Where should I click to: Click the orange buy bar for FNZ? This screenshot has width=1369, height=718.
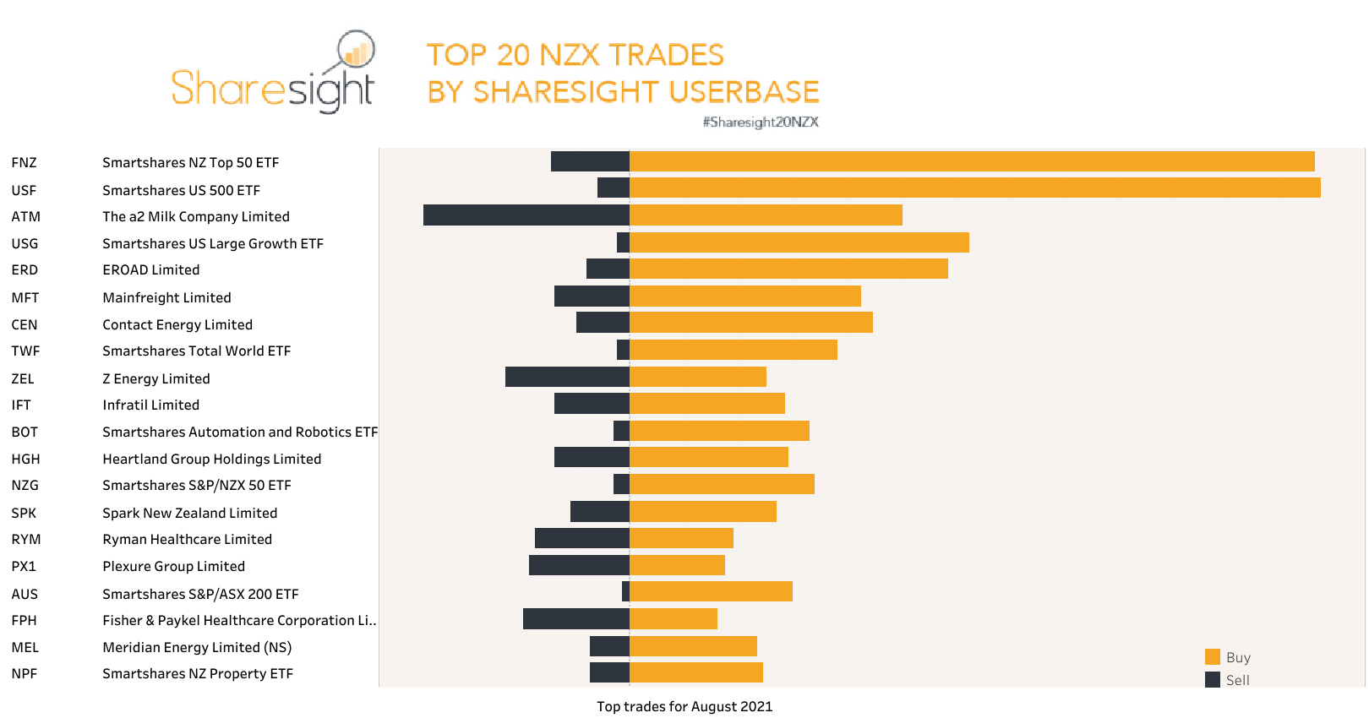click(x=972, y=161)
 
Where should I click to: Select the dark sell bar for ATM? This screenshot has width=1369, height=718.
click(x=526, y=215)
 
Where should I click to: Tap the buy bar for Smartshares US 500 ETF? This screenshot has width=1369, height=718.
click(x=974, y=188)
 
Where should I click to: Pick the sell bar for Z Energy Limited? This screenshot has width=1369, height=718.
click(x=567, y=377)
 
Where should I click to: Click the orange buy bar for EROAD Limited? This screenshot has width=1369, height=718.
click(x=788, y=269)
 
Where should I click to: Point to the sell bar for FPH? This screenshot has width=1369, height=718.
click(x=575, y=619)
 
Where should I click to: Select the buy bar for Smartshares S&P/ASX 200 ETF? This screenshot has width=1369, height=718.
click(x=711, y=591)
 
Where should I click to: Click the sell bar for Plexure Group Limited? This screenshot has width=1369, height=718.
click(x=579, y=565)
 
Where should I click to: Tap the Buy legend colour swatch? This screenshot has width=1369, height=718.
click(x=1212, y=657)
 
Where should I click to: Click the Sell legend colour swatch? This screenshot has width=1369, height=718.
click(x=1212, y=680)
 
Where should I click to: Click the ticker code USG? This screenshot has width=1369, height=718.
click(x=25, y=243)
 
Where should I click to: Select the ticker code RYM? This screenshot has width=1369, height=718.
click(x=25, y=539)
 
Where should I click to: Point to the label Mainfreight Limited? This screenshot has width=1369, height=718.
click(x=166, y=297)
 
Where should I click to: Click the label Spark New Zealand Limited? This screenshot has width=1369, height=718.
click(x=189, y=513)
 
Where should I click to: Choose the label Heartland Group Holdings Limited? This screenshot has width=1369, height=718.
click(x=211, y=459)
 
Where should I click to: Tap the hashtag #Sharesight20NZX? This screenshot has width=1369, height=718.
click(x=760, y=122)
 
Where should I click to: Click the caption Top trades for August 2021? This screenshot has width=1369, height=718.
click(x=684, y=706)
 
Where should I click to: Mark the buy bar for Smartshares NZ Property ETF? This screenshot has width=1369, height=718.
click(x=696, y=672)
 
